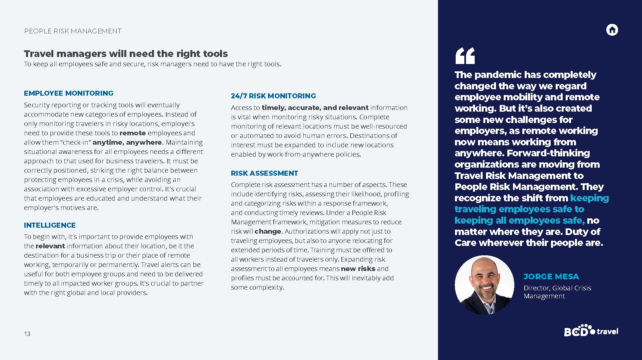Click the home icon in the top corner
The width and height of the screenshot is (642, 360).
pos(612,30)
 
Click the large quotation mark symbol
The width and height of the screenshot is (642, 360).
pos(465,56)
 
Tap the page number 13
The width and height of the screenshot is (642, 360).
pos(27,334)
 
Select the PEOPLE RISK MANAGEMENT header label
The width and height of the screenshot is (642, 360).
pos(73,31)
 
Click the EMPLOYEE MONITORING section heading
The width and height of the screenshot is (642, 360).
pos(69,93)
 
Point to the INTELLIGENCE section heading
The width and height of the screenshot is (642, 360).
pos(50,225)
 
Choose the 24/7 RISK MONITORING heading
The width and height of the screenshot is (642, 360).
pos(273,96)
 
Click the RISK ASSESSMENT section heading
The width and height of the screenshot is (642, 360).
pos(264,173)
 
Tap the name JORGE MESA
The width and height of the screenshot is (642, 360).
pos(551,276)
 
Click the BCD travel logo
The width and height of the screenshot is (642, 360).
pos(591,331)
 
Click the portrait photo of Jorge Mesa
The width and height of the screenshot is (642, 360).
pos(484,285)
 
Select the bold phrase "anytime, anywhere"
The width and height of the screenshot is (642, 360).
pos(127,142)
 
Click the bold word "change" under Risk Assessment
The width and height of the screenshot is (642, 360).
pos(268,231)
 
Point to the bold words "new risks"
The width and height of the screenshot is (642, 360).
pos(358,269)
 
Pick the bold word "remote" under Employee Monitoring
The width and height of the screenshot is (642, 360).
pos(133,133)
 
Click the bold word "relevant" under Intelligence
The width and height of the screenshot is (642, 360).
pos(50,246)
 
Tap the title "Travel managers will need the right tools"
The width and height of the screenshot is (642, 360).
pos(126,54)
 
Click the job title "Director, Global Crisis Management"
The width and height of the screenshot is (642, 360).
pos(557,292)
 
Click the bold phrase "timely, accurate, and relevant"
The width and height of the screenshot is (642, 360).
pos(315,108)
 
